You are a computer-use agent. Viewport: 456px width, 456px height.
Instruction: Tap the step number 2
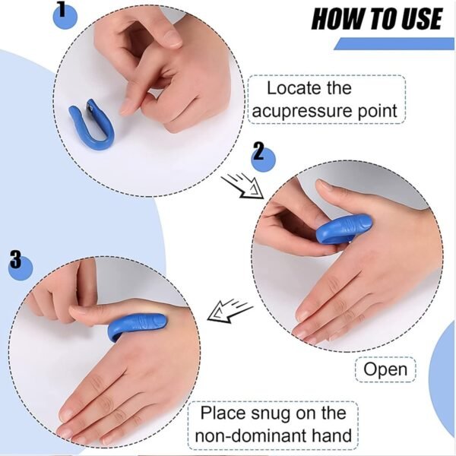[x=258, y=153]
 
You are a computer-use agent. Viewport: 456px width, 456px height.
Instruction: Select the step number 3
[x=16, y=261]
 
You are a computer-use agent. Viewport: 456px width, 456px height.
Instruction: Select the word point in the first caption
[x=378, y=111]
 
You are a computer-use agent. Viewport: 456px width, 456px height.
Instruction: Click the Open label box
[x=385, y=369]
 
